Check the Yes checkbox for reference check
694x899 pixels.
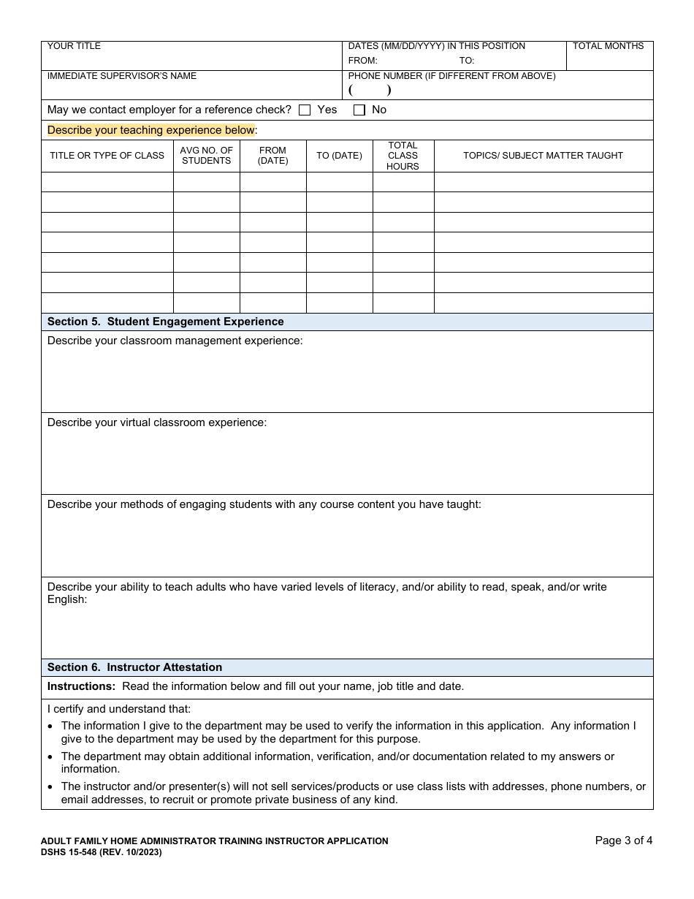[x=305, y=110]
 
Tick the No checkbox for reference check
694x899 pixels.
[x=359, y=110]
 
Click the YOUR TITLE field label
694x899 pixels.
[x=74, y=46]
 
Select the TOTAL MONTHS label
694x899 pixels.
[x=608, y=46]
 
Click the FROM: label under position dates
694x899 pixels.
[x=362, y=61]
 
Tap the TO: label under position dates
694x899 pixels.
[x=467, y=61]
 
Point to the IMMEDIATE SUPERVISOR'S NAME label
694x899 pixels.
[x=121, y=76]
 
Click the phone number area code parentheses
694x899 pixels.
[x=370, y=91]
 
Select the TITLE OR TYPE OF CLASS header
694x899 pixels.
[x=107, y=156]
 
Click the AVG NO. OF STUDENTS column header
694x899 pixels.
[x=206, y=156]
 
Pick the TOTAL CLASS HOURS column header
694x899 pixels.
[x=403, y=156]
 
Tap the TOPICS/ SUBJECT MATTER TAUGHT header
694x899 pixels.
[x=543, y=156]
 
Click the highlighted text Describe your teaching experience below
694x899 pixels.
[x=151, y=130]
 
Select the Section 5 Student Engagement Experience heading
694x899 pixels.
[x=165, y=322]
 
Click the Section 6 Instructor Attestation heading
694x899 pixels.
[x=134, y=667]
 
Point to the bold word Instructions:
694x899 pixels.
[x=81, y=686]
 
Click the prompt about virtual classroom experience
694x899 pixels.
[x=157, y=422]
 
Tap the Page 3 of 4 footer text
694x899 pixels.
[x=623, y=841]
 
